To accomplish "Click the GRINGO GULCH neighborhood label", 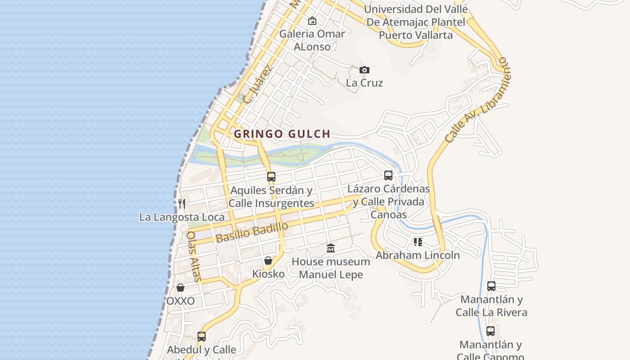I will pyautogui.click(x=282, y=134).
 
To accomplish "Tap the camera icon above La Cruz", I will pyautogui.click(x=364, y=70).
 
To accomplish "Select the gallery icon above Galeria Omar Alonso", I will pyautogui.click(x=312, y=21).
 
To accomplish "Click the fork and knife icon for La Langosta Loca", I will pyautogui.click(x=182, y=203).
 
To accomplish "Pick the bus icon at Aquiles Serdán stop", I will pyautogui.click(x=271, y=177).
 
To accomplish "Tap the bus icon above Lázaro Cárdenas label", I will pyautogui.click(x=388, y=175).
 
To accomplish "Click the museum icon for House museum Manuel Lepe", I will pyautogui.click(x=331, y=248).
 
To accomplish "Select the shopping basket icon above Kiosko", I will pyautogui.click(x=268, y=261).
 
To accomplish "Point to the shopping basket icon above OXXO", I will pyautogui.click(x=180, y=288).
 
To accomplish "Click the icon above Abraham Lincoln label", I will pyautogui.click(x=418, y=242).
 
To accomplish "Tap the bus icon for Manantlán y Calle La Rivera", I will pyautogui.click(x=491, y=286).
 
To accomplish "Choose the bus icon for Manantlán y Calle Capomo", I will pyautogui.click(x=490, y=331).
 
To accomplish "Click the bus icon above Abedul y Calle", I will pyautogui.click(x=202, y=336).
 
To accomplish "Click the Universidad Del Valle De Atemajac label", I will pyautogui.click(x=415, y=22).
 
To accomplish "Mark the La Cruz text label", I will pyautogui.click(x=364, y=83).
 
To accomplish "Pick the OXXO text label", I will pyautogui.click(x=180, y=301).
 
